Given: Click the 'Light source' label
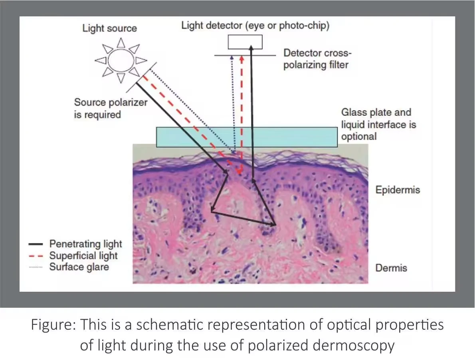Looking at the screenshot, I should [109, 28].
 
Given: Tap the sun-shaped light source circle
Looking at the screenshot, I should [121, 60].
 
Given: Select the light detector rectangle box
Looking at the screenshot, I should [245, 42].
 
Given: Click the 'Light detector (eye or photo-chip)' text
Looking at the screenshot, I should [255, 26].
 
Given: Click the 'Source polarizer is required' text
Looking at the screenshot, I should [110, 109].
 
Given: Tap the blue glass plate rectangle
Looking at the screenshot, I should [246, 137].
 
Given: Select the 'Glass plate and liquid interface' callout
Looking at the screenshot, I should [378, 124].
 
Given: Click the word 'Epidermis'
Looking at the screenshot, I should [398, 190].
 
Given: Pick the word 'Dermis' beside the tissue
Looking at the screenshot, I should [391, 268].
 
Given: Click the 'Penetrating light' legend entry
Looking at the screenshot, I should [85, 244].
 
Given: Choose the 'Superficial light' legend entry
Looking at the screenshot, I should [83, 255].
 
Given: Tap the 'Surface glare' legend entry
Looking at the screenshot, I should [79, 267].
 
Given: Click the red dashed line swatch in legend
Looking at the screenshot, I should [36, 256].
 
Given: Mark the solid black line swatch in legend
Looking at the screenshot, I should [36, 244].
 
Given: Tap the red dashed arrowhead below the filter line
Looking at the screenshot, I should [241, 58].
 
